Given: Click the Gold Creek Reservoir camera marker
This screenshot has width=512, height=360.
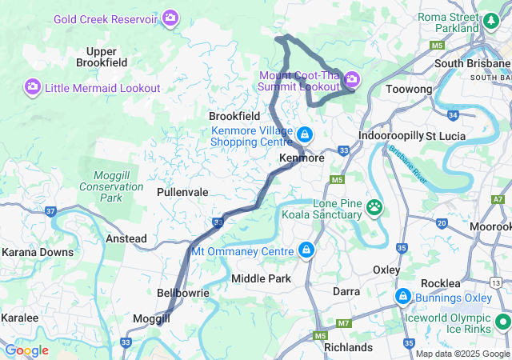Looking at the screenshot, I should (x=170, y=17).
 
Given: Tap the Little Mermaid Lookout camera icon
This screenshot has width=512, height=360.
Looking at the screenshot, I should (x=33, y=86).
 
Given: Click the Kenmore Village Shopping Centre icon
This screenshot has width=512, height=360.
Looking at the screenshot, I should (x=304, y=134).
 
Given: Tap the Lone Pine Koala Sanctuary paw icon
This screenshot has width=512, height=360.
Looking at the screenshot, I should (x=374, y=208).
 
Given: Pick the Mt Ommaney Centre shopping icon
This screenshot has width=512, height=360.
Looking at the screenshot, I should (x=305, y=251).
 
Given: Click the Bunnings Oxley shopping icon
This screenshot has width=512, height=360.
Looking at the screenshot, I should (x=403, y=298).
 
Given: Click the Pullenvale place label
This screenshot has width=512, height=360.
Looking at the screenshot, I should (x=182, y=193).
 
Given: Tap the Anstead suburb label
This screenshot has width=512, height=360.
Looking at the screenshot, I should (x=126, y=238).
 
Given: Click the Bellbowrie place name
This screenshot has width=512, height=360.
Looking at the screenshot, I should (x=183, y=293).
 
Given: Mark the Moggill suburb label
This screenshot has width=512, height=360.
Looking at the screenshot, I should (x=152, y=318).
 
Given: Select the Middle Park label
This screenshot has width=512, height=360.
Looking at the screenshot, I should (x=258, y=278).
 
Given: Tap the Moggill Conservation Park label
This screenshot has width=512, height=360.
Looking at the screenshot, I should (x=111, y=186).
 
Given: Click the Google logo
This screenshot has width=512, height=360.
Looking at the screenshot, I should (x=26, y=350).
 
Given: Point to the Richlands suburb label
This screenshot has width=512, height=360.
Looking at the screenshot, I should (x=348, y=347).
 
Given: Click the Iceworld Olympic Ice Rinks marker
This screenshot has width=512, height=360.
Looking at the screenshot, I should (x=503, y=322).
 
